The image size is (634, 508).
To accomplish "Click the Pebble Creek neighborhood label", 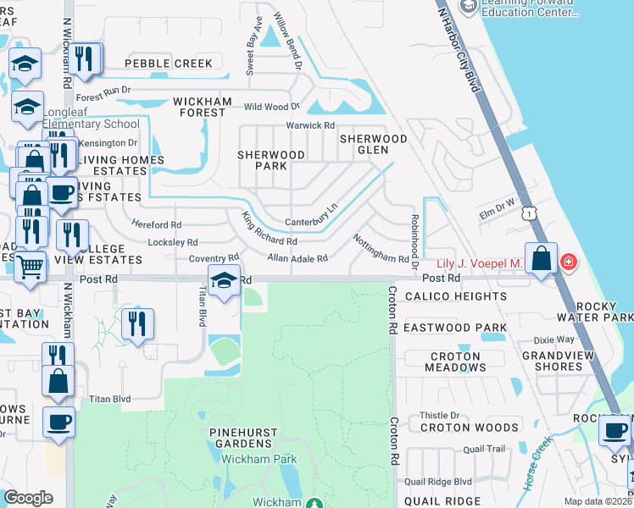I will [169, 63].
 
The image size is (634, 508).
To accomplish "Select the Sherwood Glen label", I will [374, 144].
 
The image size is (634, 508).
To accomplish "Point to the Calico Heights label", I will [455, 296].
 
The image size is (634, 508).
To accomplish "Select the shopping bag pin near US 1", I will [541, 257].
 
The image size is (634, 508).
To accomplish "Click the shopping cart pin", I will [31, 266].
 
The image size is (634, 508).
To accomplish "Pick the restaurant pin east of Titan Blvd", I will [136, 323].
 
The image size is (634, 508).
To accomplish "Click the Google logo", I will [28, 498].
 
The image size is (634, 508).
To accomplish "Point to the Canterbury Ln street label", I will [311, 215].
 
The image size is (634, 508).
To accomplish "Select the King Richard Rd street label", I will [270, 229].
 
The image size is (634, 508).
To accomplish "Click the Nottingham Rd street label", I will [381, 248].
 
